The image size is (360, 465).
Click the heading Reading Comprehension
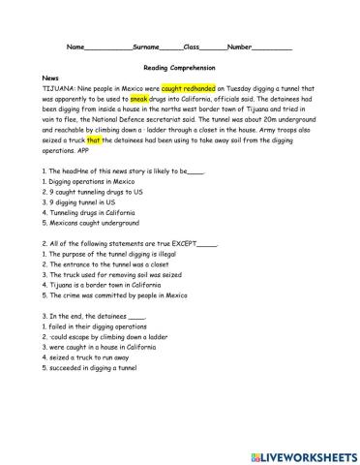click(x=179, y=69)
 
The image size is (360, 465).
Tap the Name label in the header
click(x=75, y=46)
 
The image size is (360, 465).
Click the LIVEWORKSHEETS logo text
click(x=307, y=453)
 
